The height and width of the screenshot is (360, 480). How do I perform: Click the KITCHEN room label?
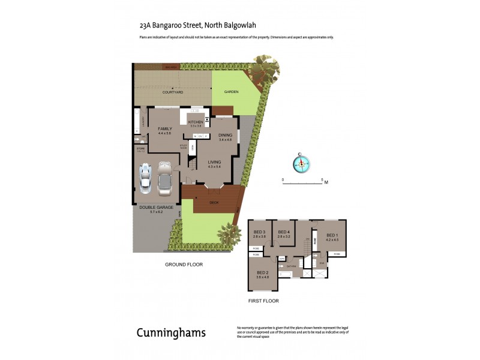[196, 122]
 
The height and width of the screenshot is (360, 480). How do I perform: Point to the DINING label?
[225, 135]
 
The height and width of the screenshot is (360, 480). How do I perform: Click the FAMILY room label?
[165, 129]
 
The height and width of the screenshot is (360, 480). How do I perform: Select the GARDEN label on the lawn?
[231, 92]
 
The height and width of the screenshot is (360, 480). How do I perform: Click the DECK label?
[214, 203]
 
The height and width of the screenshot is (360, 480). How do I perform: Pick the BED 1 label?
[332, 235]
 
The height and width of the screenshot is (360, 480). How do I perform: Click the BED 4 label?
[284, 232]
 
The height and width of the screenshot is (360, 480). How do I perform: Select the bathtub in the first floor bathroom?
[286, 274]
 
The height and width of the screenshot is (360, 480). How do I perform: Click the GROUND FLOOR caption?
[184, 264]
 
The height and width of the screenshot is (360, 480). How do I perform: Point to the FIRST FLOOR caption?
[263, 301]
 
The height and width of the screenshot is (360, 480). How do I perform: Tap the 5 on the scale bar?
[322, 179]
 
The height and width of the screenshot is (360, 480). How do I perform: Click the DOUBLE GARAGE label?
[156, 207]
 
